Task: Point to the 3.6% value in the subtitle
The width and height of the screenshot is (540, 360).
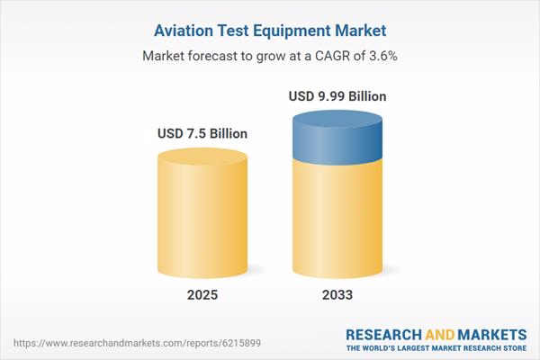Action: (382, 56)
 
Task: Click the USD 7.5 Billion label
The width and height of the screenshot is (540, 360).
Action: (202, 133)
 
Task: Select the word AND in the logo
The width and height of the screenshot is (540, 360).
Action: (441, 333)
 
